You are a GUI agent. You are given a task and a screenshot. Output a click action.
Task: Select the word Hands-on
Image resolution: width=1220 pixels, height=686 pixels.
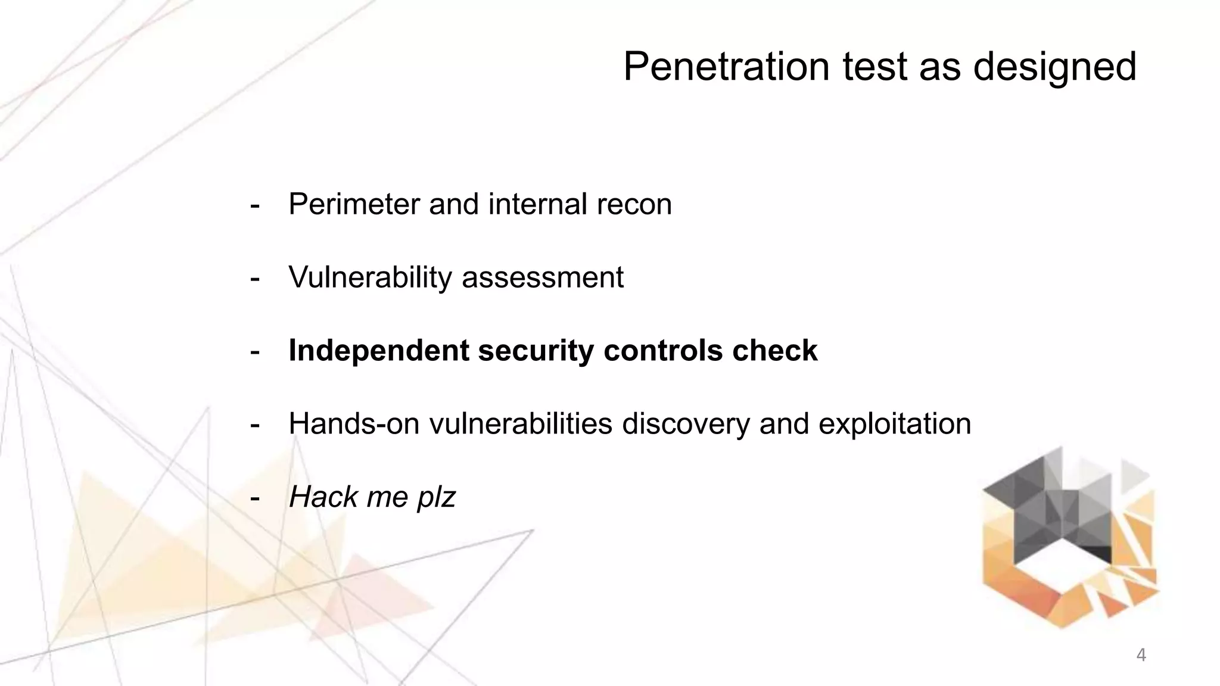[354, 424]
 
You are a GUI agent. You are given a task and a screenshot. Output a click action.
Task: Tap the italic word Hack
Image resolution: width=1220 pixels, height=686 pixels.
[322, 497]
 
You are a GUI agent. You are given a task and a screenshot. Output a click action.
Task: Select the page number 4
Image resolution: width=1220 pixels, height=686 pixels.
[1141, 655]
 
